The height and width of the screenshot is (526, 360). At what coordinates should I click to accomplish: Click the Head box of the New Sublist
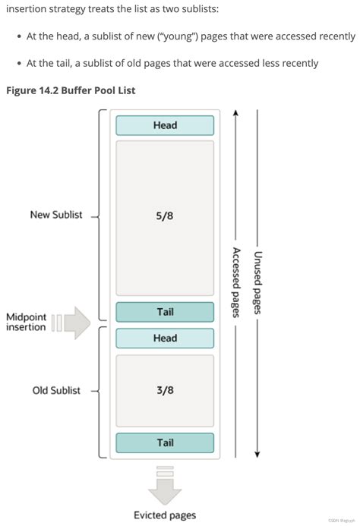(165, 125)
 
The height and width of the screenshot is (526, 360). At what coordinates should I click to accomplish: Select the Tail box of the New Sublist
(165, 312)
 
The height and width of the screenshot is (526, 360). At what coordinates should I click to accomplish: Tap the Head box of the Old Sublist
(165, 338)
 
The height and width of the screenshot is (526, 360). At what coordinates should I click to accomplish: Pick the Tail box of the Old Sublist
(165, 443)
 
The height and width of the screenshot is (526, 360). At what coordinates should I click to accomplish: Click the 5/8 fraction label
(165, 216)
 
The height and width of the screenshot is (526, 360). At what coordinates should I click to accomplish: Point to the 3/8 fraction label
(165, 390)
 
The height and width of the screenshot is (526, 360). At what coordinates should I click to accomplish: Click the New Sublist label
(56, 215)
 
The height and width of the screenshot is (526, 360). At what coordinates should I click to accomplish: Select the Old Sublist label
(56, 390)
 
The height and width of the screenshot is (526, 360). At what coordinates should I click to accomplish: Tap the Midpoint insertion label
(26, 322)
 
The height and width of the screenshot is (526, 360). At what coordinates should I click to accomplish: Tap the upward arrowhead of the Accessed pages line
(236, 113)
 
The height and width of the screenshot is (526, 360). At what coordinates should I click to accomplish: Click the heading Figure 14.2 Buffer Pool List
(71, 91)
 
